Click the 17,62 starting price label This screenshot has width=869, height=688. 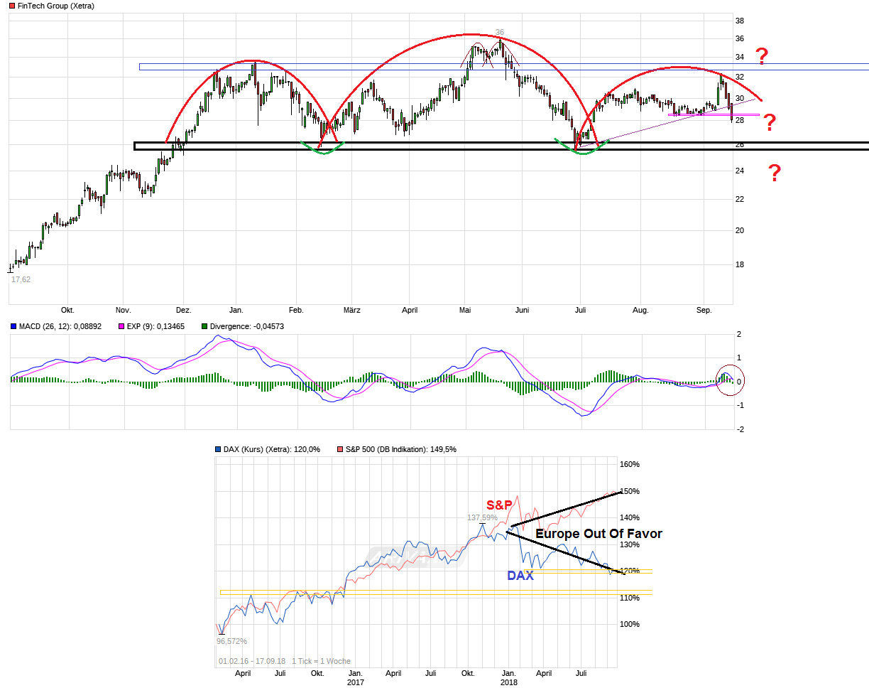pos(21,279)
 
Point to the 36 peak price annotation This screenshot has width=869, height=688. pos(500,32)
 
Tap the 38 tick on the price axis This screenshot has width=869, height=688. pos(739,21)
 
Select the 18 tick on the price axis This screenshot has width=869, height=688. pos(739,264)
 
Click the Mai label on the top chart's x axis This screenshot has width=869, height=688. pos(465,310)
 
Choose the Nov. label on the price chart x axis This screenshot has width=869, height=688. pos(123,310)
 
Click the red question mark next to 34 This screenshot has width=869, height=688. pos(762,55)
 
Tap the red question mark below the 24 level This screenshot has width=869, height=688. pos(775,173)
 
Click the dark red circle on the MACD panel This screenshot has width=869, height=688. pos(728,380)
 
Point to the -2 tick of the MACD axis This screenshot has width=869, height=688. pos(740,429)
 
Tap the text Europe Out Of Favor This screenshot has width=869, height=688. pos(598,533)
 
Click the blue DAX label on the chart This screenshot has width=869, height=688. pos(520,576)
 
